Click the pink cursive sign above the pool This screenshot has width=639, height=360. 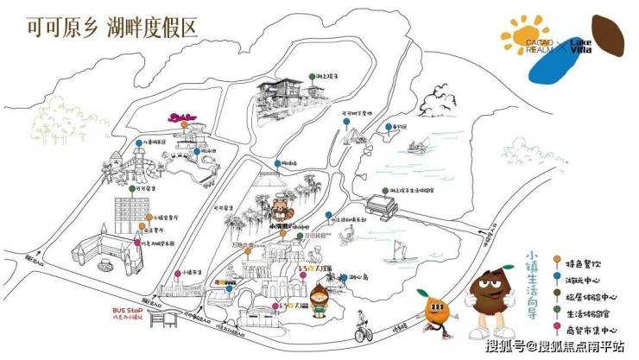[183, 118]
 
